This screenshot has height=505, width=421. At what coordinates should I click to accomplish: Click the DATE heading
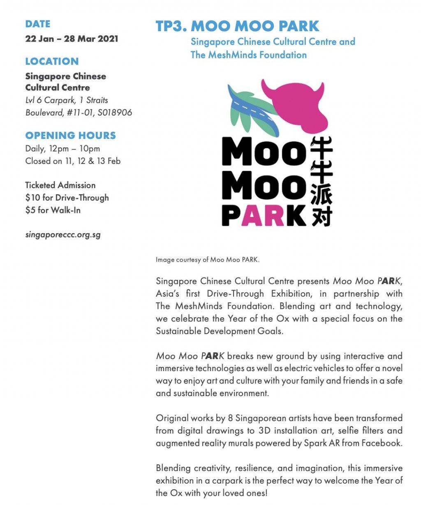[37, 24]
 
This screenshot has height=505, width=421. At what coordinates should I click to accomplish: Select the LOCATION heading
[52, 62]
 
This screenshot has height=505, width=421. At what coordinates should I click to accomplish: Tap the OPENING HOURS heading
[70, 136]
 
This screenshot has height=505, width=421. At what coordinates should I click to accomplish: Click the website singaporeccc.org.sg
[63, 235]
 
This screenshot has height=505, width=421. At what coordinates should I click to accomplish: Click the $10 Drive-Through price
[67, 198]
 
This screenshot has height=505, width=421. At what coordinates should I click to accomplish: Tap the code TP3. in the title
[171, 26]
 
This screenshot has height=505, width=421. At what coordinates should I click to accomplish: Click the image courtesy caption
[208, 260]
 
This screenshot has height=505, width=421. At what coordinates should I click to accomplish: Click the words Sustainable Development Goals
[220, 331]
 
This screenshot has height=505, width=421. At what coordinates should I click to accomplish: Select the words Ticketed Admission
[60, 185]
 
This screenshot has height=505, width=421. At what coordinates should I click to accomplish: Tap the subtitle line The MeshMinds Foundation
[248, 55]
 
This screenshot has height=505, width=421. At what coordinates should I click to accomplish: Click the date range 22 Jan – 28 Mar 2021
[72, 39]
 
